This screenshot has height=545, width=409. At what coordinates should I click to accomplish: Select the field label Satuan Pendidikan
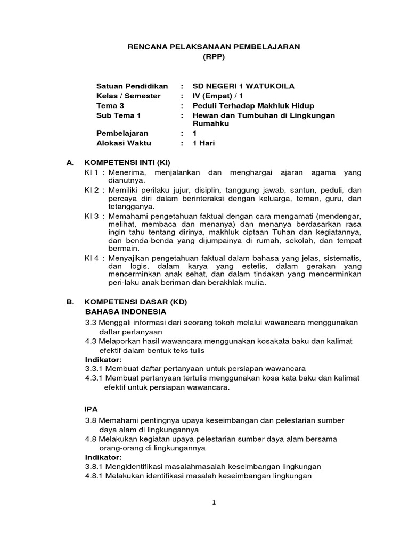point(132,86)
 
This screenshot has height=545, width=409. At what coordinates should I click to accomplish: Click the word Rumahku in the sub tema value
point(210,123)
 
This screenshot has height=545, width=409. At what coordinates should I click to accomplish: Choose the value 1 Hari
point(204,143)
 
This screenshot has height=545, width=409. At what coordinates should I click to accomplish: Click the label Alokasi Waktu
point(124,143)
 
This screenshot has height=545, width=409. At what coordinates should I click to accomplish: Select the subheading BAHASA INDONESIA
point(126,311)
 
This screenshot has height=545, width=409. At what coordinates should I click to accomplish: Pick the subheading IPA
point(92,409)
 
